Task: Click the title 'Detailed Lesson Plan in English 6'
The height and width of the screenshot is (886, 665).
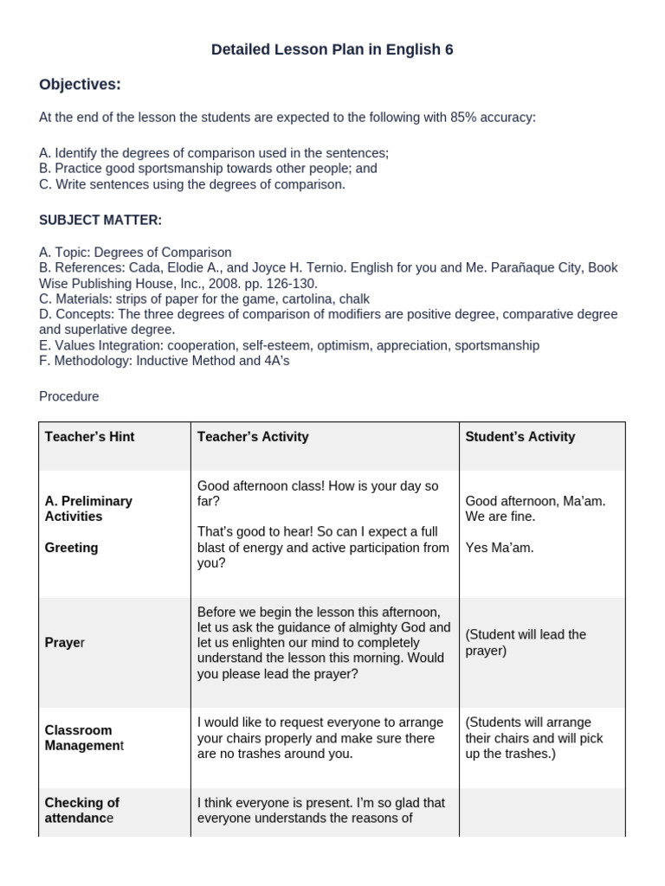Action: point(332,50)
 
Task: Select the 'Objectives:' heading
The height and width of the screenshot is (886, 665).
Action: point(80,85)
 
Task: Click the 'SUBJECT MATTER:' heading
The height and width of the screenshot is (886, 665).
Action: point(100,221)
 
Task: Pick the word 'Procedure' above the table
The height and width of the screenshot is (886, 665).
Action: point(69,396)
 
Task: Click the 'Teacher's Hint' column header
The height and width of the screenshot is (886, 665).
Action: point(90,437)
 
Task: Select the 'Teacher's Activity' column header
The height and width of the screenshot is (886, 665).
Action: point(253,437)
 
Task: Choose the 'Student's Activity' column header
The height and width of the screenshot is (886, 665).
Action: point(520,437)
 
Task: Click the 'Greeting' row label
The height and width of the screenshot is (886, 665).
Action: point(71,548)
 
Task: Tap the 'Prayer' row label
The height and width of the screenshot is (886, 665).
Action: point(65,643)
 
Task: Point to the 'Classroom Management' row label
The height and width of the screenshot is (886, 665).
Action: point(84,738)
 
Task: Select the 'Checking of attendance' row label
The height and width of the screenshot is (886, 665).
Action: point(81,810)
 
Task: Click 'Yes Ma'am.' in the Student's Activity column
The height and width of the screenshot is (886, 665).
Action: point(500,548)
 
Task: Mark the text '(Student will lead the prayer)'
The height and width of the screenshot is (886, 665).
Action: point(525,642)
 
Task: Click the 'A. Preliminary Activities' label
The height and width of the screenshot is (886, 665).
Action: point(88,509)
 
